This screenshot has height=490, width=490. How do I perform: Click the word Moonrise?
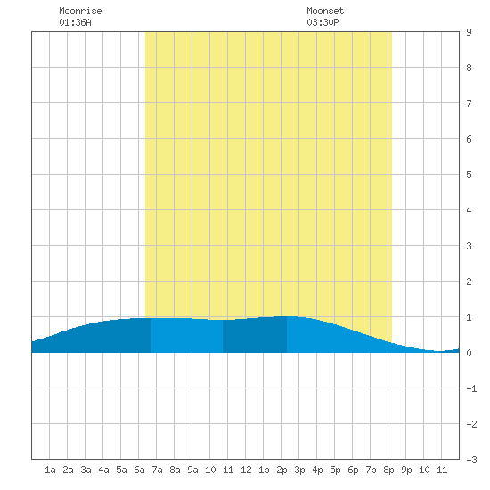[80, 11]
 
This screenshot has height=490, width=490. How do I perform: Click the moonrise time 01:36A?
[76, 22]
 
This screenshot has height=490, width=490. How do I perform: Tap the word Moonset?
[325, 11]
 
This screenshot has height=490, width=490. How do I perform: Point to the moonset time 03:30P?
[323, 22]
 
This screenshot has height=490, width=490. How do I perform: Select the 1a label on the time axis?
[50, 470]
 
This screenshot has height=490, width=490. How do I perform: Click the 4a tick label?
[103, 470]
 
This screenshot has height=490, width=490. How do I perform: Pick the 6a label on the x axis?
[139, 470]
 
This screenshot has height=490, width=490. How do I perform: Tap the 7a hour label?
[157, 470]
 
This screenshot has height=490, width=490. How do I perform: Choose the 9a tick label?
[192, 470]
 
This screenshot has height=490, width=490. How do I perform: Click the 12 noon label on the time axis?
[246, 470]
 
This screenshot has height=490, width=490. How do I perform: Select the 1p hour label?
[264, 470]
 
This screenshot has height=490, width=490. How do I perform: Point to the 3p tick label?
[299, 470]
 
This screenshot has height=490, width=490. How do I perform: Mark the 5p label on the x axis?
[335, 470]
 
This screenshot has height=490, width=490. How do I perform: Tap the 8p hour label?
[388, 470]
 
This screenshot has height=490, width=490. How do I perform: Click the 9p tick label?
[406, 470]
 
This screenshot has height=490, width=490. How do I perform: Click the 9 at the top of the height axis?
[469, 32]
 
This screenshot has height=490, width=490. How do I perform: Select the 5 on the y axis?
[469, 175]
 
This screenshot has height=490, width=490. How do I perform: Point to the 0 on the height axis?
[469, 353]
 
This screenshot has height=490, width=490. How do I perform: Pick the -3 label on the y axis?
[471, 460]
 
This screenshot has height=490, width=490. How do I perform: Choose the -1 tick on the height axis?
[471, 388]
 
